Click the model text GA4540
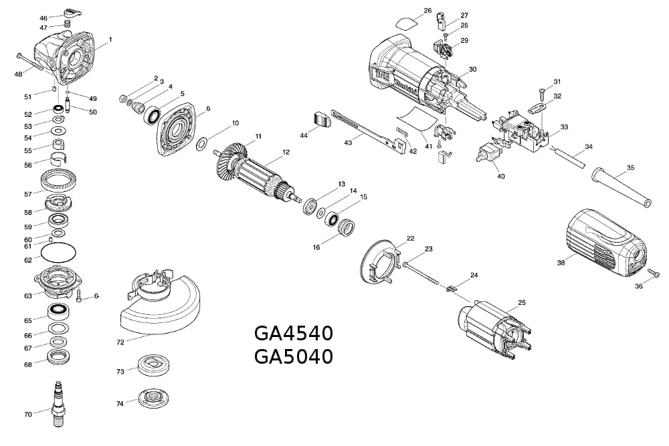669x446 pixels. [293, 333]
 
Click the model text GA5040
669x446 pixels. [293, 357]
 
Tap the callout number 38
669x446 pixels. [561, 263]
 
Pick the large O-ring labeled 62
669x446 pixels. [59, 253]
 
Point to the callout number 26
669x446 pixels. [428, 11]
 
